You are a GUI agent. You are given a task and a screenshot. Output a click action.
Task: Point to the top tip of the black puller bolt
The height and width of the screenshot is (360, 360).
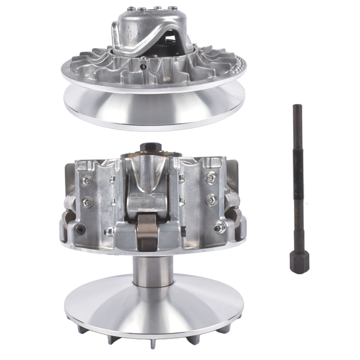pos(296,106)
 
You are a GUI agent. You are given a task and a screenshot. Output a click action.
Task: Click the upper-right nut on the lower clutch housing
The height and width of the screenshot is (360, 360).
pos(211,178)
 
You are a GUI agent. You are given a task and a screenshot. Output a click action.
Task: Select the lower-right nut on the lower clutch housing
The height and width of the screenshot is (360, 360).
pos(221,227)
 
